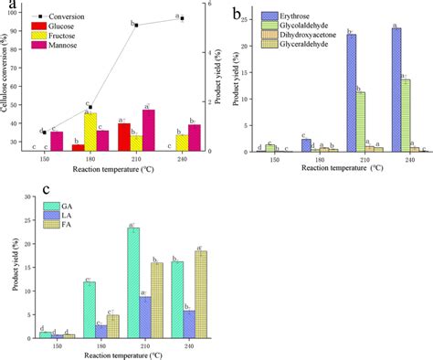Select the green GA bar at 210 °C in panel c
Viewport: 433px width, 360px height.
133,284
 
